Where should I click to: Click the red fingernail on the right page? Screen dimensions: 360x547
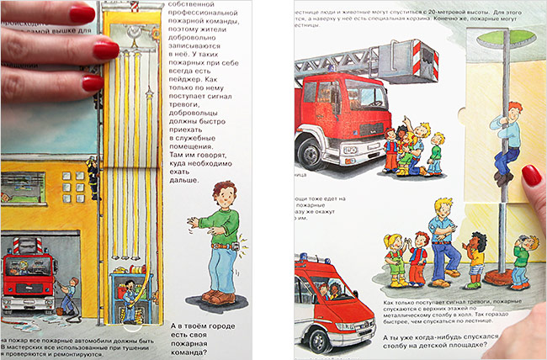point(531,176)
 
